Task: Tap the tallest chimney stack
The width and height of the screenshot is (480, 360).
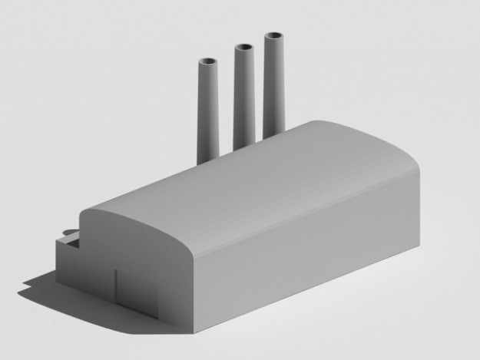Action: (273, 84)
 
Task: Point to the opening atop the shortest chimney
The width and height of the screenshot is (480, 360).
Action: (208, 62)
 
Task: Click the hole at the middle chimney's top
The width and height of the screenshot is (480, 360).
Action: (244, 48)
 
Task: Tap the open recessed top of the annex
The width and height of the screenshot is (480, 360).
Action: (71, 240)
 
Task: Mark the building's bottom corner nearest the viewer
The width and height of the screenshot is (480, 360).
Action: (193, 332)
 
